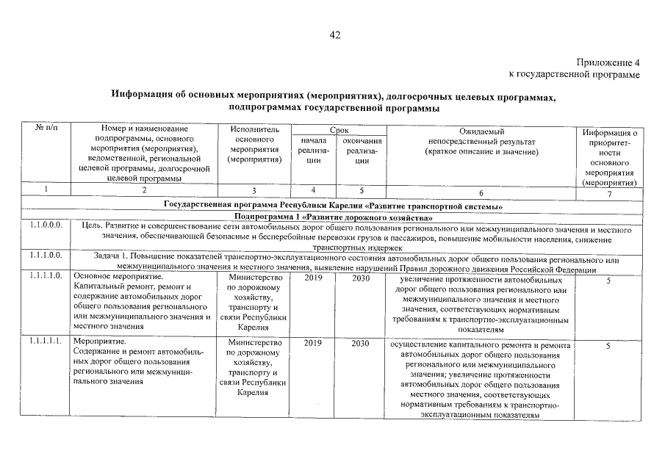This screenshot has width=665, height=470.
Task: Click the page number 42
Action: click(x=335, y=35)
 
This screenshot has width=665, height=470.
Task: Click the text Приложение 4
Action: click(x=608, y=63)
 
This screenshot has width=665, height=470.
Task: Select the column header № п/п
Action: click(x=46, y=129)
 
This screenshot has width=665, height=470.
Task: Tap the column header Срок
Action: click(x=339, y=129)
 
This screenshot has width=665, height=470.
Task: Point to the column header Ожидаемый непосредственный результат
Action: click(x=482, y=140)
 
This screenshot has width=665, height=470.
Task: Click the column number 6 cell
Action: click(x=482, y=192)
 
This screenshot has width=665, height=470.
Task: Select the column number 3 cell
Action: click(x=254, y=192)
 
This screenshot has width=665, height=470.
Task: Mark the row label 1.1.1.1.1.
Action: click(x=46, y=343)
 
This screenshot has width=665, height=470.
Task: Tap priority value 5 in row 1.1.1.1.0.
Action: click(x=608, y=281)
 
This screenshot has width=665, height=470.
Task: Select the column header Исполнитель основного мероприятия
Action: click(x=254, y=144)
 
